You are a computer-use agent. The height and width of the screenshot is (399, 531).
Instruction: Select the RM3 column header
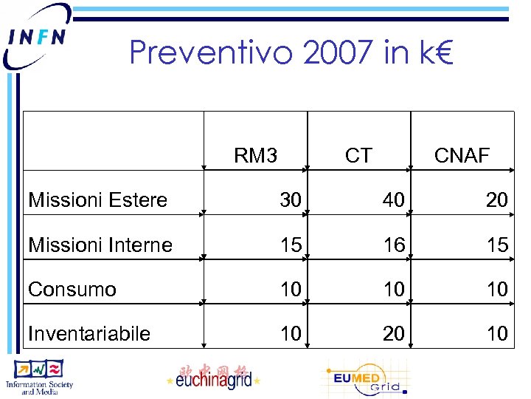point(255,155)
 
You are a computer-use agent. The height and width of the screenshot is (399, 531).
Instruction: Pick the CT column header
point(358,155)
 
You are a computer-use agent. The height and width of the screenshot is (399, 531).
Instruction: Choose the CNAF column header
point(462,155)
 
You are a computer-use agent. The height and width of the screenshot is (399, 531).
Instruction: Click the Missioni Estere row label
point(97,199)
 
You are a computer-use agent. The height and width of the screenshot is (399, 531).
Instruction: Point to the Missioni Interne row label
point(100,245)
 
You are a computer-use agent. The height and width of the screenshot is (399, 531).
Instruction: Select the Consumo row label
point(72,289)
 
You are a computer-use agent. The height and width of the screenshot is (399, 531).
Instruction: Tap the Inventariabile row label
point(89,333)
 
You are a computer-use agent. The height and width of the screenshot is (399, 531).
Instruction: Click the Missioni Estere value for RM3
point(291,199)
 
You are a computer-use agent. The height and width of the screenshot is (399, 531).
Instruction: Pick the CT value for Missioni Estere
point(394,199)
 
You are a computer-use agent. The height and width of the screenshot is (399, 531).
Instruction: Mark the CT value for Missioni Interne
point(394,245)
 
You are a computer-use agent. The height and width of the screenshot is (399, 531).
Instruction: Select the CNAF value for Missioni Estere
point(497,199)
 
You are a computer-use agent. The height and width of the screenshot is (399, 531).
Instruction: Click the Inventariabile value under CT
point(394,333)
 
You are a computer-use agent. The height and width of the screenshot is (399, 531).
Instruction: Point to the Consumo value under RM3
point(291,289)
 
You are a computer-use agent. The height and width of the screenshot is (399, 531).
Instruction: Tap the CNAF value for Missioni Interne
point(497,245)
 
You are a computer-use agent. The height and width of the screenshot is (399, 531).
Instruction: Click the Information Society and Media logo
point(44,377)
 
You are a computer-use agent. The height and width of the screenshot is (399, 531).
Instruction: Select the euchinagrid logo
point(214,377)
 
